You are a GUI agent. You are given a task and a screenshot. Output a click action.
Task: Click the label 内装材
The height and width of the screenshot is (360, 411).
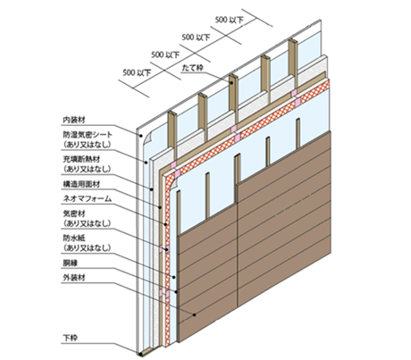pyautogui.click(x=74, y=120)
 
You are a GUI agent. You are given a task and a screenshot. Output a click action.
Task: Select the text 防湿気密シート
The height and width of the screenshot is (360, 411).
pyautogui.click(x=88, y=135)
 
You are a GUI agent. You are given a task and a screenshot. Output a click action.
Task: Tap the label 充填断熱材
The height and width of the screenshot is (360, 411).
pyautogui.click(x=81, y=159)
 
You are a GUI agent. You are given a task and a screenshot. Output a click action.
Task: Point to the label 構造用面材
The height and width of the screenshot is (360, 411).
pyautogui.click(x=81, y=184)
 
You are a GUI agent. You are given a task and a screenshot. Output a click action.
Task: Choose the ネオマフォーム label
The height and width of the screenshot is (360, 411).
pyautogui.click(x=87, y=198)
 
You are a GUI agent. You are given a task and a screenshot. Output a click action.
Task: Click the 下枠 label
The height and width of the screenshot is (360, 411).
pyautogui.click(x=71, y=339)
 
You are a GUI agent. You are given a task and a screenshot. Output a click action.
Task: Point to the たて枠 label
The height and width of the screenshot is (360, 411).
pyautogui.click(x=192, y=68)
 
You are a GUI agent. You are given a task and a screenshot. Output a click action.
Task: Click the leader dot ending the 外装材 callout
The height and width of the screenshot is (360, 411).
pyautogui.click(x=195, y=314)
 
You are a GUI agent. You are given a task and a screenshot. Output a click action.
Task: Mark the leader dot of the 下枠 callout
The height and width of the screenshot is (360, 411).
pyautogui.click(x=140, y=354)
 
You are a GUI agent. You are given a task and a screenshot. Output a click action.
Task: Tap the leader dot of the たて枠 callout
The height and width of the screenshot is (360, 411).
pyautogui.click(x=231, y=83)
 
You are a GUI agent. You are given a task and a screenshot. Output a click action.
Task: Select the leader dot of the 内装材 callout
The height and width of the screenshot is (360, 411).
pyautogui.click(x=140, y=136)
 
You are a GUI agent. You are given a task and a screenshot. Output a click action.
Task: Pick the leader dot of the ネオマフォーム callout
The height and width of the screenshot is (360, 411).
pyautogui.click(x=164, y=224)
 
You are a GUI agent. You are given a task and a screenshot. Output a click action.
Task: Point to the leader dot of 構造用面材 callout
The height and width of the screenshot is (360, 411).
pyautogui.click(x=160, y=207)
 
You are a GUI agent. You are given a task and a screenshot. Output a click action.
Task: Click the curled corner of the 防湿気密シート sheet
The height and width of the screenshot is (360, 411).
pyautogui.click(x=148, y=138)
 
